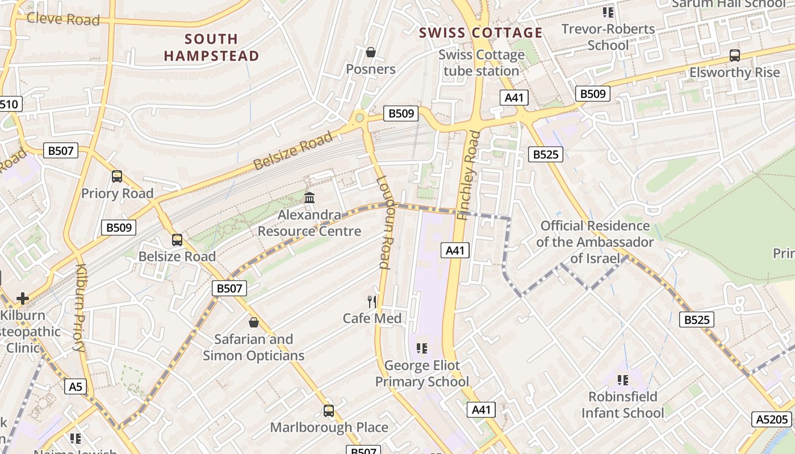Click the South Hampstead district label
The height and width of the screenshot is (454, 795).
(x=211, y=47)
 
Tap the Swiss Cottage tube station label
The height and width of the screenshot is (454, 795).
(x=481, y=63)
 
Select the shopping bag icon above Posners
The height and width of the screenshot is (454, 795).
(x=371, y=53)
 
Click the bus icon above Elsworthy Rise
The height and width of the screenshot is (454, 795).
(x=735, y=56)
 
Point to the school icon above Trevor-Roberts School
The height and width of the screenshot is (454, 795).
(x=608, y=12)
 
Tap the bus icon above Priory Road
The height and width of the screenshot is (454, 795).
(x=117, y=176)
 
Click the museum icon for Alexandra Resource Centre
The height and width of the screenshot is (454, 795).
(x=309, y=198)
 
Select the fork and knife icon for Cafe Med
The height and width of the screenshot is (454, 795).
(x=372, y=301)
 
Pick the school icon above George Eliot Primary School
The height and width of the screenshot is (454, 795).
(x=421, y=348)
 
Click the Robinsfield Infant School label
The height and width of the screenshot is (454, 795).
(x=622, y=405)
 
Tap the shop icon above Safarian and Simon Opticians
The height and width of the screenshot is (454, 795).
(x=254, y=322)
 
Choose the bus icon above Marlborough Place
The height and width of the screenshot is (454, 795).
(x=329, y=410)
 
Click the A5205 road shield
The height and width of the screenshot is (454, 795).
(x=773, y=419)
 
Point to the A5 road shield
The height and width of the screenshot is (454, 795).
(x=76, y=387)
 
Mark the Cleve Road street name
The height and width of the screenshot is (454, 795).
(x=63, y=19)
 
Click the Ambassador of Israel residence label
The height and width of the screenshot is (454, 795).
(x=595, y=242)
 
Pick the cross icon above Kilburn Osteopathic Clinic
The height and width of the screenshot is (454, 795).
(x=23, y=298)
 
